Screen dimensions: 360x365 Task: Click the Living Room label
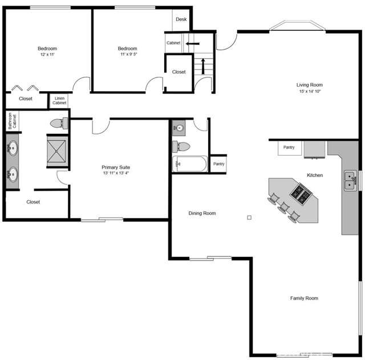[x=310, y=85]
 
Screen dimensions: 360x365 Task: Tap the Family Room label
[x=304, y=298]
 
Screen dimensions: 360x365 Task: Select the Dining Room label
[x=202, y=213]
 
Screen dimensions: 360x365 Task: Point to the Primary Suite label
[x=116, y=167]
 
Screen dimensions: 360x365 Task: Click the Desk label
[x=181, y=19]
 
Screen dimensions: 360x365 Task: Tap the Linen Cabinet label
[x=59, y=101]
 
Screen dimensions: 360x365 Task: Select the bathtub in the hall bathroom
[x=189, y=164]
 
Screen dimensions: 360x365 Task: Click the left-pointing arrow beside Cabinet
[x=193, y=43]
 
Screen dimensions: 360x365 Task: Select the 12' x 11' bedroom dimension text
[x=47, y=55]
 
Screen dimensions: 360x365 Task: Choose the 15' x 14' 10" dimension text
[x=310, y=92]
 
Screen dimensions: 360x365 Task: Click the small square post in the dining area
[x=249, y=217]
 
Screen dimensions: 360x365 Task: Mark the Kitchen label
[x=315, y=175]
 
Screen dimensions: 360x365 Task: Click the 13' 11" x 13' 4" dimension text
[x=116, y=173]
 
